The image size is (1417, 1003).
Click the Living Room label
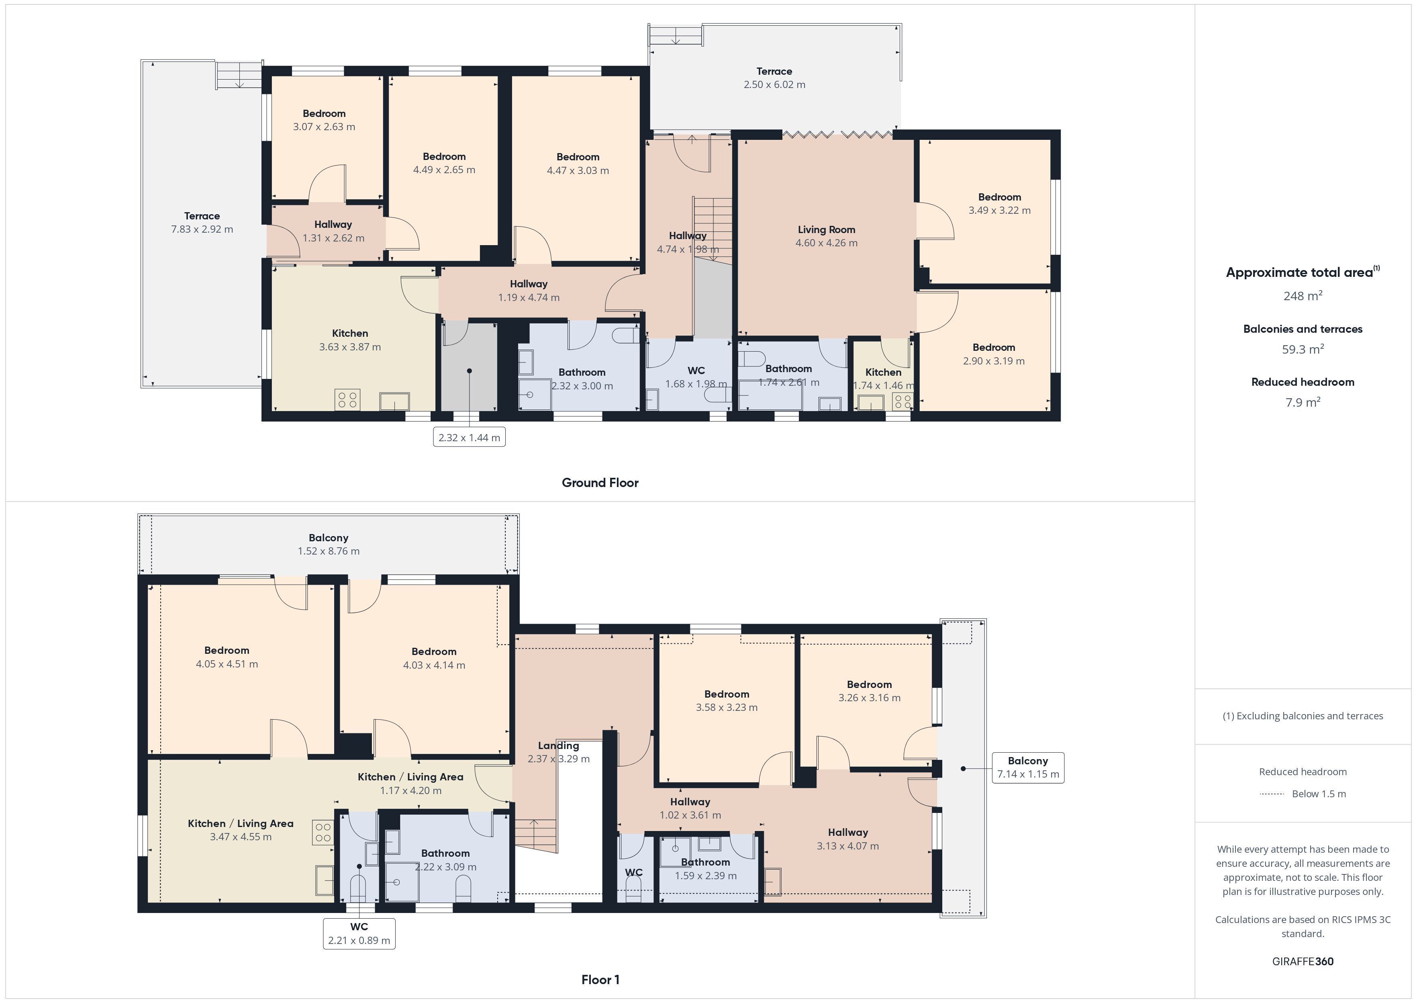coord(826,230)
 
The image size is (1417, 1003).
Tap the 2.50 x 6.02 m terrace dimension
coord(774,85)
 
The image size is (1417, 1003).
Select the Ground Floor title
coord(600,483)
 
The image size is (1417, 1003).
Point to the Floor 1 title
coord(600,980)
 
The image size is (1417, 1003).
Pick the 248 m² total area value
coord(1303,296)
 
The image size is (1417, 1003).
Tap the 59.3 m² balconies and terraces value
coord(1303,349)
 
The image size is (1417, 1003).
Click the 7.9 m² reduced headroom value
coord(1303,402)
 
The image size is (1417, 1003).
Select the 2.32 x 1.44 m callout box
coord(469,437)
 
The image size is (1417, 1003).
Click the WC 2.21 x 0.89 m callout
coord(359,933)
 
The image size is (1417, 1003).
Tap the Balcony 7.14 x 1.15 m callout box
coord(1028,768)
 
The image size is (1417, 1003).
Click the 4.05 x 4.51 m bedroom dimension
coord(227,664)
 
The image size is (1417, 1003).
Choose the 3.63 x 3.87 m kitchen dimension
coord(350,347)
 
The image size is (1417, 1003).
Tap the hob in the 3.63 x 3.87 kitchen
coord(348,399)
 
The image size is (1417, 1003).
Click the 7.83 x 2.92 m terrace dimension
coord(202,229)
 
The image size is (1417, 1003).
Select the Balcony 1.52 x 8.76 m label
coord(328,544)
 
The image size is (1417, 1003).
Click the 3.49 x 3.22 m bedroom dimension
coord(1000,211)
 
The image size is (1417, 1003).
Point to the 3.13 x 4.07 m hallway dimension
coord(848,846)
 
